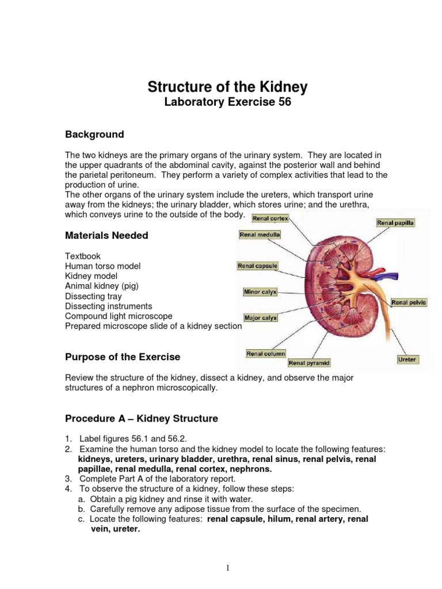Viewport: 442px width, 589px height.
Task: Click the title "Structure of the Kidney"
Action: click(x=228, y=87)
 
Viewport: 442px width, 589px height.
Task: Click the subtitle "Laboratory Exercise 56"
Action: click(x=228, y=103)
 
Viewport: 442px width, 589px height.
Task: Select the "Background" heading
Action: click(x=94, y=135)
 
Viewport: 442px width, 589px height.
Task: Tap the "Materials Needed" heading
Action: click(x=106, y=235)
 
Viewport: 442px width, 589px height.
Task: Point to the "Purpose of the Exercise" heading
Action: click(x=123, y=357)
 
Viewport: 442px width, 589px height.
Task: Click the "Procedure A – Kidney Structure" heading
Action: click(x=142, y=419)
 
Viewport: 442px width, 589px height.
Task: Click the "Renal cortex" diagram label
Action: click(x=270, y=219)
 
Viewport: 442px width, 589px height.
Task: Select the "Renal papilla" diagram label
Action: click(x=395, y=223)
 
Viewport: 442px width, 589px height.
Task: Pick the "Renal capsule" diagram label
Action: click(x=258, y=266)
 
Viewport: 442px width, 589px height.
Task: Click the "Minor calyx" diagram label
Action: click(x=260, y=292)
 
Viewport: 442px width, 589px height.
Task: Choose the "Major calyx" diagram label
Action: click(x=260, y=318)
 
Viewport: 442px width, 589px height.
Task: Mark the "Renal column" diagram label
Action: click(x=265, y=354)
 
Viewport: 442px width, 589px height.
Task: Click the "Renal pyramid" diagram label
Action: click(x=309, y=363)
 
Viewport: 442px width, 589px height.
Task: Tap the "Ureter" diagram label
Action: click(x=407, y=359)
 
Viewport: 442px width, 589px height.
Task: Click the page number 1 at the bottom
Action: click(x=228, y=553)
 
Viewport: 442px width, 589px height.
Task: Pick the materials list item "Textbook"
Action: click(x=83, y=256)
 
